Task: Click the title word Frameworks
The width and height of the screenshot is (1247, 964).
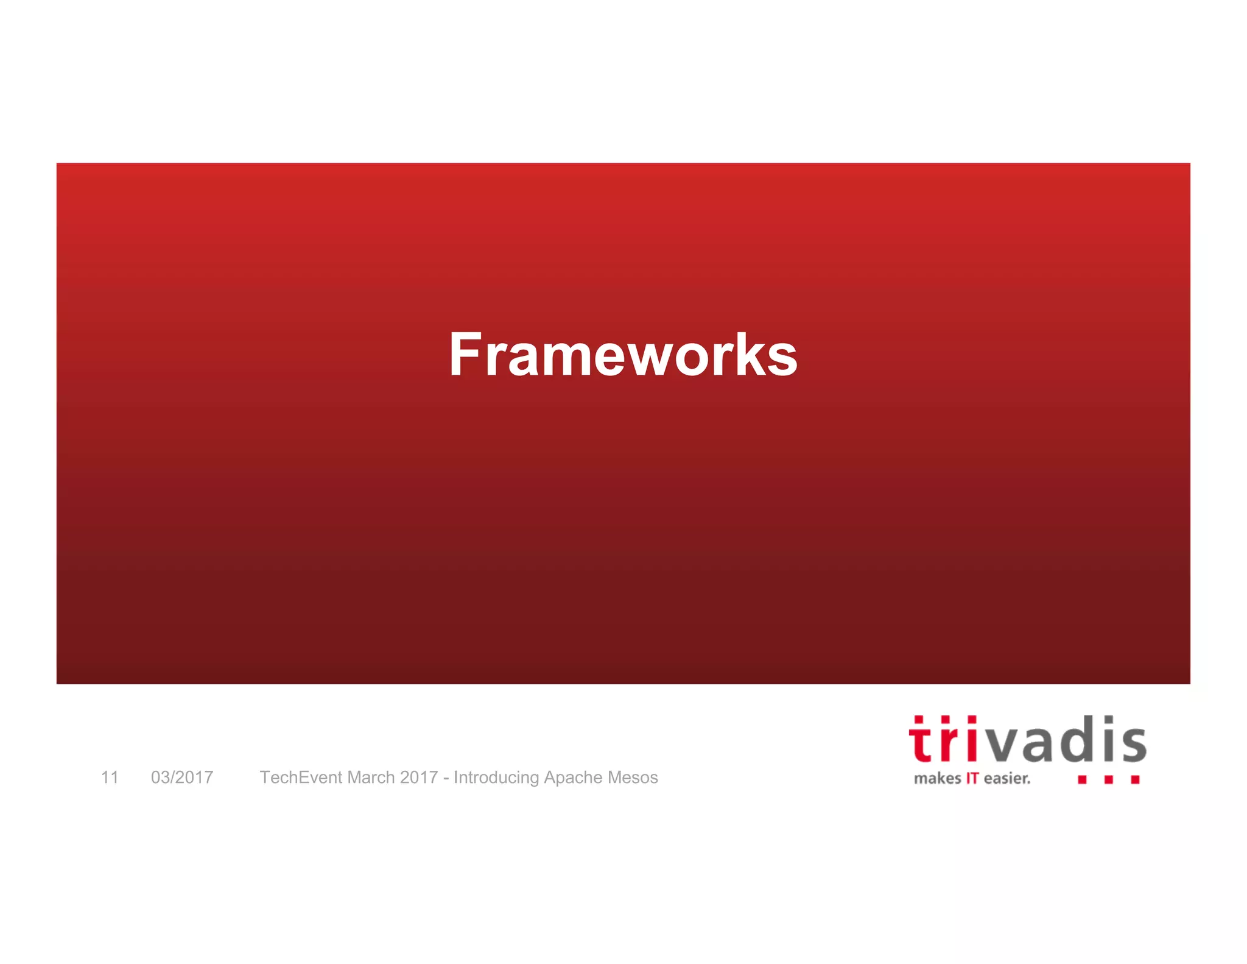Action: click(623, 355)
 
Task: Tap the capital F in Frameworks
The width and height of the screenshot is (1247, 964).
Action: click(466, 355)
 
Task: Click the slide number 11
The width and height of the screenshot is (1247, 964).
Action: click(110, 778)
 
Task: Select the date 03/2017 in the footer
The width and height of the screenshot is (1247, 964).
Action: click(182, 778)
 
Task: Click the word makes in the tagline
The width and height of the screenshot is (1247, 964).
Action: click(937, 779)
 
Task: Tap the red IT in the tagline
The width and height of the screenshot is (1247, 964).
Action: click(972, 779)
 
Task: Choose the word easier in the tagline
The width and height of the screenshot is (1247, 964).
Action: click(1006, 779)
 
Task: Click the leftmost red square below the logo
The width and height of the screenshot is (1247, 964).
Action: click(1082, 779)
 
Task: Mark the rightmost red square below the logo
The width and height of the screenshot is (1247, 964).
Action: click(1135, 779)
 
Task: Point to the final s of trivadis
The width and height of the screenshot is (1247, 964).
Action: click(1132, 745)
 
